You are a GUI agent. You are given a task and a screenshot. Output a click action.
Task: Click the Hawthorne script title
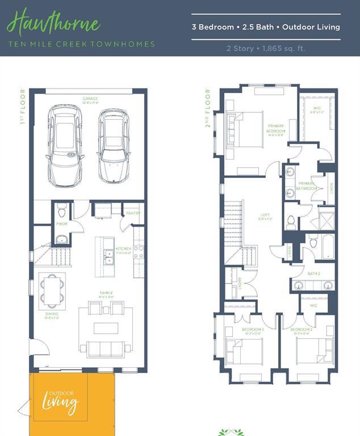tap(53, 24)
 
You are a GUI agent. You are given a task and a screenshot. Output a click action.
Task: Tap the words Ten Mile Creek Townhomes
tap(81, 44)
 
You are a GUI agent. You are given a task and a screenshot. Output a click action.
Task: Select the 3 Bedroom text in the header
tap(213, 27)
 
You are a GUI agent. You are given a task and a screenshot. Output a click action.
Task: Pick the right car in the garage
tap(114, 145)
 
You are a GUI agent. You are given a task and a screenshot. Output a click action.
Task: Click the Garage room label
tap(90, 99)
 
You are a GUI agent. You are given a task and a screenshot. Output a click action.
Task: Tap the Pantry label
tap(133, 213)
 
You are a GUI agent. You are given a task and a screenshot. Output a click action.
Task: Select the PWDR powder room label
tap(61, 224)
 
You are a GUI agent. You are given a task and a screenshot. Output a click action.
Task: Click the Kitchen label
tap(124, 249)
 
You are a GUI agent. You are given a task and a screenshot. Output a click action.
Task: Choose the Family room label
tap(107, 293)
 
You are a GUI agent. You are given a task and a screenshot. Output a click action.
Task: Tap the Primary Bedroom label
tap(276, 129)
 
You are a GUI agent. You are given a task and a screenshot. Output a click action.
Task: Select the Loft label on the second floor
tap(265, 216)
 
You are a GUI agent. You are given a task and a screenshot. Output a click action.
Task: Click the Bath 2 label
tap(314, 273)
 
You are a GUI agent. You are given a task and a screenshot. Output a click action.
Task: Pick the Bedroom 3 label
tap(253, 329)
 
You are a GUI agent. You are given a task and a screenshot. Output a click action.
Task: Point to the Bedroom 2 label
tap(301, 329)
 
